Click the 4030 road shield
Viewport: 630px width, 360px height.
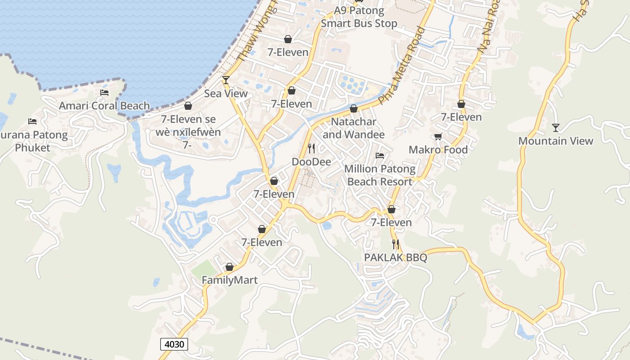pos(174,344)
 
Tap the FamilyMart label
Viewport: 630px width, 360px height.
pos(229,280)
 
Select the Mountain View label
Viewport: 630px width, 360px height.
pos(556,141)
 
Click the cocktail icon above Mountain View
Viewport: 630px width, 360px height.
pos(556,128)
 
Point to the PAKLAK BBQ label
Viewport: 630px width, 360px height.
pos(396,258)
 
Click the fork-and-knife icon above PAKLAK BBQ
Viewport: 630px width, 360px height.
pos(396,244)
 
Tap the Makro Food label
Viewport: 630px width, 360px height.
pos(438,149)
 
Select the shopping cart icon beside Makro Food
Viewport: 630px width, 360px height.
pos(438,136)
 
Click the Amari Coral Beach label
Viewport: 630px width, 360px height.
pos(104,106)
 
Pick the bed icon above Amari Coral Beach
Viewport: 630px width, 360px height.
pos(104,93)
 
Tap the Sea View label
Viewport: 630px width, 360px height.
pos(226,94)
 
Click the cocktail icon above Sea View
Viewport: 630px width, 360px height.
pos(226,80)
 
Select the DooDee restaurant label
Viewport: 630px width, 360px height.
pos(311,162)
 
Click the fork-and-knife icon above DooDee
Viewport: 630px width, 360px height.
pos(311,148)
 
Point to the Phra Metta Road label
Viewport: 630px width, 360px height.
pos(402,66)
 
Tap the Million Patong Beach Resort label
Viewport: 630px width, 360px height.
pos(380,175)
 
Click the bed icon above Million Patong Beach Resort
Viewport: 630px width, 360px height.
pos(380,156)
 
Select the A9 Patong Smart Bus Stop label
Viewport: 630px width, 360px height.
pos(359,17)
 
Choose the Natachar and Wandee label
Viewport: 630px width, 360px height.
pos(354,128)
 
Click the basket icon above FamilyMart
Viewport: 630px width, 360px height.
pos(229,267)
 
